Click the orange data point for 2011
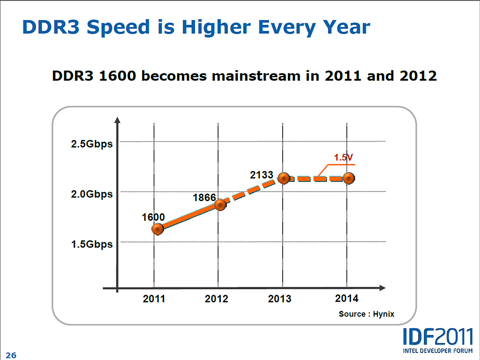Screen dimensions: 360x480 (x=158, y=229)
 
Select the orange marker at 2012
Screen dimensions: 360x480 (x=220, y=205)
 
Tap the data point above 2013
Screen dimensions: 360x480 (x=283, y=178)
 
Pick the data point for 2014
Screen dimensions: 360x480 (x=348, y=178)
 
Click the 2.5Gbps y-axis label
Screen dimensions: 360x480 (x=92, y=144)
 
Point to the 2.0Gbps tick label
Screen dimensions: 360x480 (x=92, y=194)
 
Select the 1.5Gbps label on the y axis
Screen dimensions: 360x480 (x=92, y=244)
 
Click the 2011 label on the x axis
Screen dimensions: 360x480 (x=154, y=299)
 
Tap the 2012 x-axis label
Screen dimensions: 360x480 (x=217, y=299)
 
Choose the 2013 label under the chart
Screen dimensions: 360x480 (x=280, y=299)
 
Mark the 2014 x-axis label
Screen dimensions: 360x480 (x=347, y=298)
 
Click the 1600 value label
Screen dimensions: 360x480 (x=153, y=217)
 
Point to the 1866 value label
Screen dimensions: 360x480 (x=204, y=197)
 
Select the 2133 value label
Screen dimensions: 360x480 (x=262, y=175)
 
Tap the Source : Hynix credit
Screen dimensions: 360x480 (x=367, y=314)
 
